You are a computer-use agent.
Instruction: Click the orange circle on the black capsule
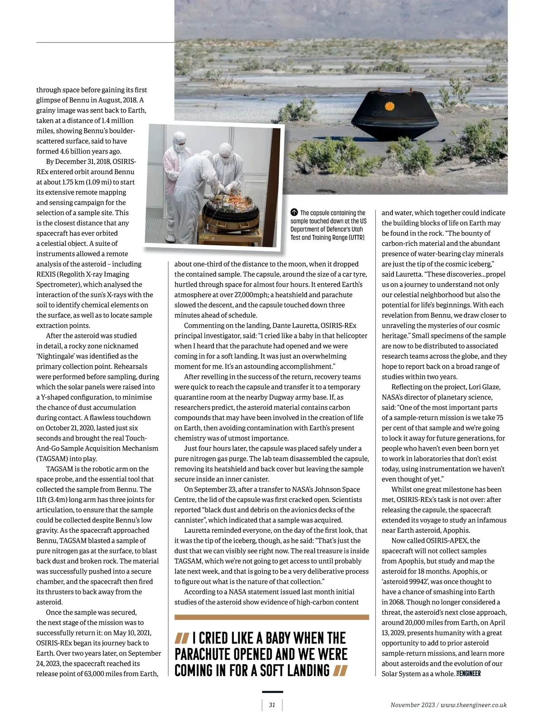click(x=388, y=106)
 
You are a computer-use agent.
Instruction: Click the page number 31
click(x=272, y=705)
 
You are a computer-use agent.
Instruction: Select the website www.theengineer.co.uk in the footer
click(x=473, y=705)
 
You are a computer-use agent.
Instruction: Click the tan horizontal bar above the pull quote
click(x=272, y=617)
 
